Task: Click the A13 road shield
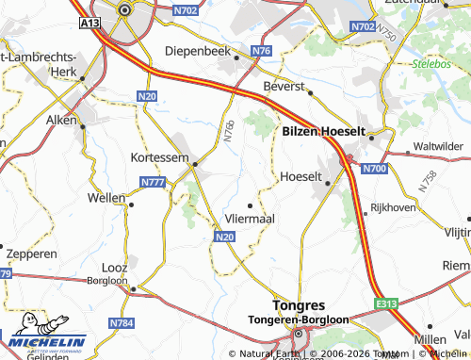90,22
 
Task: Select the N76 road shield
261,51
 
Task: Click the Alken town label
60,123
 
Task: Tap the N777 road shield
152,181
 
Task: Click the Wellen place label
105,198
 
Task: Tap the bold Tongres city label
297,306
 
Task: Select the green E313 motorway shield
383,303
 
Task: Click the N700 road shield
374,169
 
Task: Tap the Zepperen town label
31,254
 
